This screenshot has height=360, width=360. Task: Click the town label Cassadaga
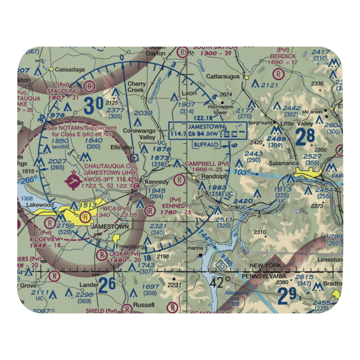pyautogui.click(x=69, y=69)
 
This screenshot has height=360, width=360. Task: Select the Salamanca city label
pyautogui.click(x=284, y=163)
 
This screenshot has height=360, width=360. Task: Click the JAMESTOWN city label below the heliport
pyautogui.click(x=104, y=227)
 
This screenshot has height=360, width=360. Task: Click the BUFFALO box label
pyautogui.click(x=206, y=144)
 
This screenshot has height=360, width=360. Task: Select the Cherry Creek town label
pyautogui.click(x=137, y=87)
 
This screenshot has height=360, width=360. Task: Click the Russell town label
pyautogui.click(x=143, y=305)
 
